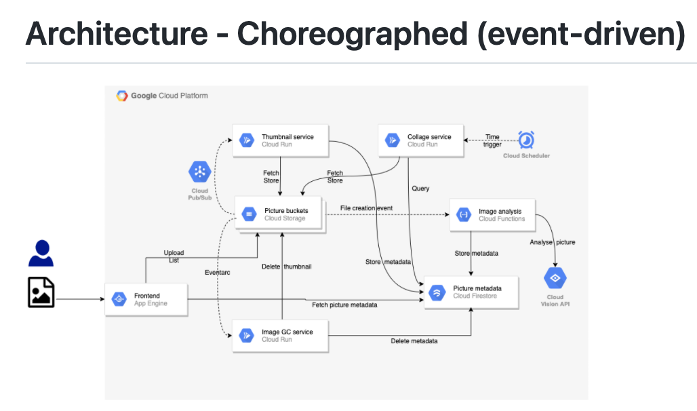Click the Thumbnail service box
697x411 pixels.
[280, 140]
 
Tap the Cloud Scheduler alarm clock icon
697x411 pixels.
[526, 140]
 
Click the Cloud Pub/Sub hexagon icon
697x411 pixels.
[200, 172]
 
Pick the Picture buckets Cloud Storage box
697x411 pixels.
[280, 214]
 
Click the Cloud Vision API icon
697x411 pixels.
[555, 279]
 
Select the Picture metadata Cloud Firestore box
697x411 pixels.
[472, 292]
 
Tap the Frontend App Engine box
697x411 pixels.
[145, 299]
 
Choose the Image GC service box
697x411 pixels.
[280, 335]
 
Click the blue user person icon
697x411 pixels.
[41, 253]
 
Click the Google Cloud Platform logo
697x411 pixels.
[122, 96]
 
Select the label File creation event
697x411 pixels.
[366, 208]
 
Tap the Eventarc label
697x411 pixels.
[219, 272]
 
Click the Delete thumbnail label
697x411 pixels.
[286, 267]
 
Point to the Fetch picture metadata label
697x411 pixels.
[344, 305]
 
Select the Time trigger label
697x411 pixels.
[493, 140]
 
